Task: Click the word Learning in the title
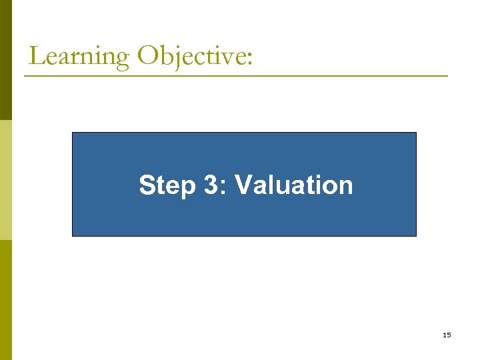coord(79,56)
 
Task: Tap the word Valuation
coord(293,185)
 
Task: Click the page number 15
coord(447,335)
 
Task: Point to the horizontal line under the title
coord(236,76)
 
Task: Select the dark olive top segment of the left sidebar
coord(5,60)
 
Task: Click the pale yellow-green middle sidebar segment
coord(5,180)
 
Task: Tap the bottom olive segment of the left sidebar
coord(5,300)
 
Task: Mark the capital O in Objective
coord(147,56)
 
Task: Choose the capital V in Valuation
coord(244,185)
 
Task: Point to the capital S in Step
coord(147,185)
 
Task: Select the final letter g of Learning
coord(122,60)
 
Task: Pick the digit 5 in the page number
coord(449,335)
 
